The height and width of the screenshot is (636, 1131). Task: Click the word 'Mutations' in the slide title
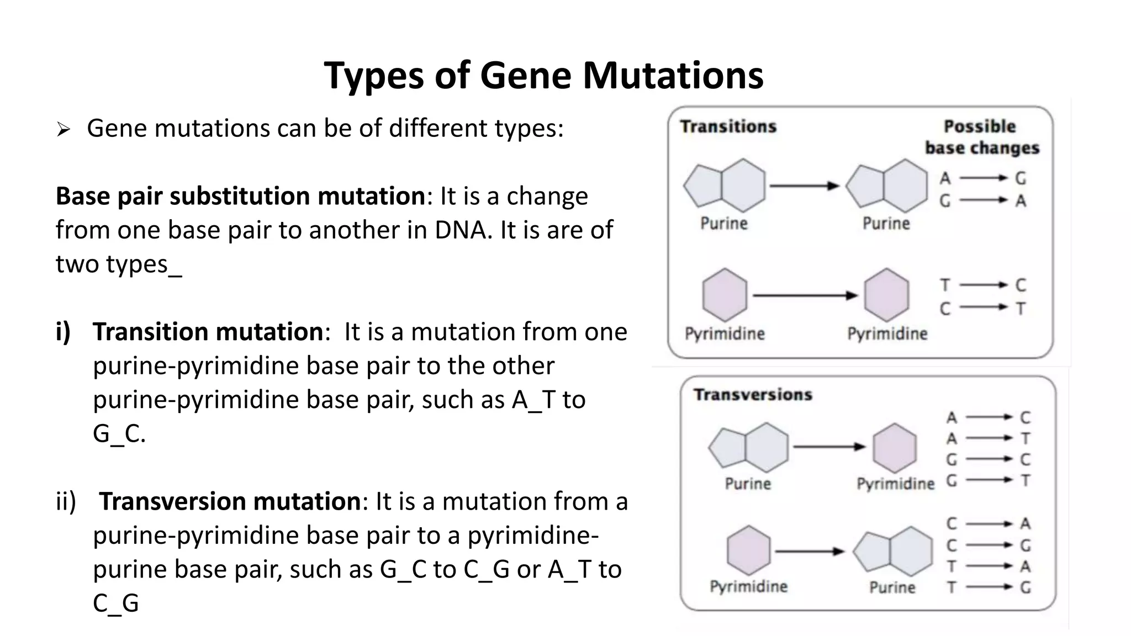673,76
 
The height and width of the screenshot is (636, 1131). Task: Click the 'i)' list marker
63,332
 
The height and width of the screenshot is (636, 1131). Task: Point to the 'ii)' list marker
66,501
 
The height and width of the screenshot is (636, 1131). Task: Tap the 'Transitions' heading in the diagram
728,126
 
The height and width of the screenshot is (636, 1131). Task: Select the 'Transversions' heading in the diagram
753,395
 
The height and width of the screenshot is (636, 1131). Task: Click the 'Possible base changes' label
981,137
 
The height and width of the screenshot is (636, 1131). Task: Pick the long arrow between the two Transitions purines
804,186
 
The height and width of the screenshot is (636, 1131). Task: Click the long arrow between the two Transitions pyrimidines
804,296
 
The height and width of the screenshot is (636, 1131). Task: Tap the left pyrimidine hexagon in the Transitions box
725,295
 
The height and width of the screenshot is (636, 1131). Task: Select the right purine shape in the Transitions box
887,186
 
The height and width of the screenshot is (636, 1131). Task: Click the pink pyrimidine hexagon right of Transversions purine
895,448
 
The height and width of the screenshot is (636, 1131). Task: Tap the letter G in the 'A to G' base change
1021,178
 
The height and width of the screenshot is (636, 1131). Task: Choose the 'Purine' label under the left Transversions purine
748,484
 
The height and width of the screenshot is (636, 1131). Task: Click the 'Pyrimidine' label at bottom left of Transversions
748,586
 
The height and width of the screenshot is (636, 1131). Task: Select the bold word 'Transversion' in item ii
230,501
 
